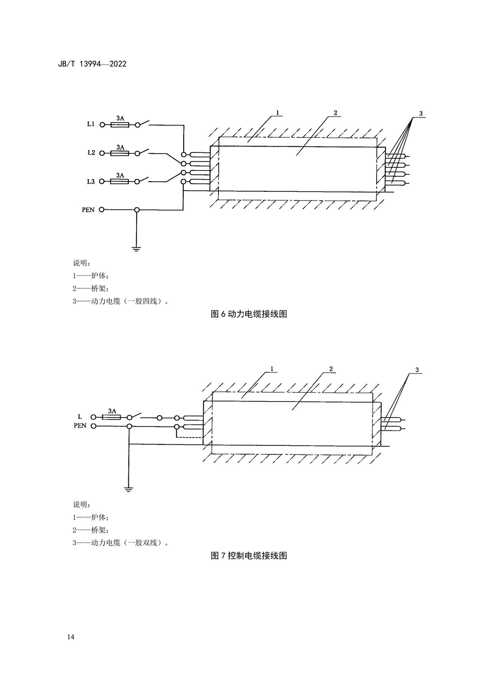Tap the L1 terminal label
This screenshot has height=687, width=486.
(90, 125)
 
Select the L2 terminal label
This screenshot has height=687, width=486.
(91, 153)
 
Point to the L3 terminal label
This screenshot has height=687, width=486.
(91, 182)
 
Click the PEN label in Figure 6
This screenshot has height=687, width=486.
(88, 210)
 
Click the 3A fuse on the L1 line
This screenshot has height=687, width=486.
(120, 125)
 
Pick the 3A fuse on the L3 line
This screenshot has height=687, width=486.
(120, 182)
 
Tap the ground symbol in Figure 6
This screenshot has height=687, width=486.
(137, 249)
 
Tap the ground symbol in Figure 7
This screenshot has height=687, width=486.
(128, 489)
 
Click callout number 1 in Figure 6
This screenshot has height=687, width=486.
(277, 113)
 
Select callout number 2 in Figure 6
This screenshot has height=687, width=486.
(335, 113)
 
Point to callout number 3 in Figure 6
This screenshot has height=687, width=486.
(421, 114)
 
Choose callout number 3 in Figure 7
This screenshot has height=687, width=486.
(417, 370)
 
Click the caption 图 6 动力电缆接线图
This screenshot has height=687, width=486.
(249, 314)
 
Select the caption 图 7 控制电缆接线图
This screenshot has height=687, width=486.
(249, 555)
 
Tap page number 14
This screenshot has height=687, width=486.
(71, 637)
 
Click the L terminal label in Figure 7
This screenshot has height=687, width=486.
(80, 417)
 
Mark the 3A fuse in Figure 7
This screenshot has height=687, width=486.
(112, 417)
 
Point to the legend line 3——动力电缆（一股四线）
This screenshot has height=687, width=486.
(121, 301)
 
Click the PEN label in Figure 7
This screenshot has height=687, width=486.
(80, 426)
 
